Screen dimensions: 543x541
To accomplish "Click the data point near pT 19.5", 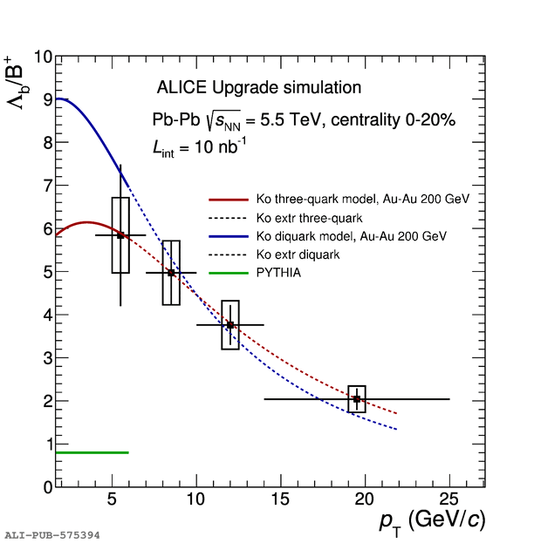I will [x=357, y=399].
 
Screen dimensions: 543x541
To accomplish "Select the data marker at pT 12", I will [x=230, y=325].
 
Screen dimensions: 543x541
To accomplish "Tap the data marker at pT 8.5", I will [x=171, y=273].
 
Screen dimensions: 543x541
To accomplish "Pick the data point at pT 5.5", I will [x=120, y=235].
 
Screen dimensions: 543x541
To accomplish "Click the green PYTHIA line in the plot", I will [x=92, y=452].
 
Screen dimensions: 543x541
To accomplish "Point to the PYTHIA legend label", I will [x=279, y=274].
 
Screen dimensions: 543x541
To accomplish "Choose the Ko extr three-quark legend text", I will [x=309, y=217].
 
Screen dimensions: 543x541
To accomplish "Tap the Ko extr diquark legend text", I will [x=298, y=255].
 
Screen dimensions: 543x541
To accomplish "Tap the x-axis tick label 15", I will [x=279, y=500].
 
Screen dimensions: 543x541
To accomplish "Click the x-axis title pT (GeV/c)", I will [x=431, y=521].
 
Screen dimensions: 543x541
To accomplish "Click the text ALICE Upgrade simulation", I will [x=258, y=88].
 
